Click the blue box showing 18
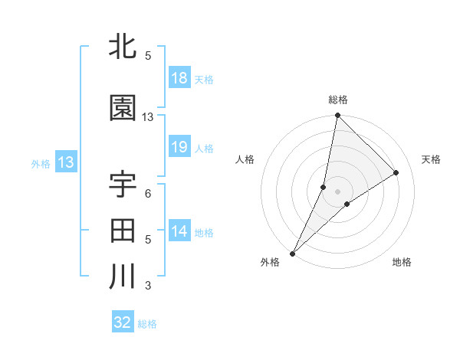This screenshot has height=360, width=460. [x=179, y=78]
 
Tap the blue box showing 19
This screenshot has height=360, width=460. [x=179, y=147]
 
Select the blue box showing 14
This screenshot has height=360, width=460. [x=179, y=231]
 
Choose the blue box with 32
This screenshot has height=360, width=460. [x=123, y=322]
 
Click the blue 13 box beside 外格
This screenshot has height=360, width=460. [x=65, y=162]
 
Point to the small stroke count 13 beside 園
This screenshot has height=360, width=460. [x=148, y=117]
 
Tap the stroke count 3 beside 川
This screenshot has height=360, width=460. [x=148, y=286]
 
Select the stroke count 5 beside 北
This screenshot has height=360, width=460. [x=148, y=56]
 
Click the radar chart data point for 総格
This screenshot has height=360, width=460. [x=337, y=116]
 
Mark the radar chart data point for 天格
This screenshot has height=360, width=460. [x=396, y=173]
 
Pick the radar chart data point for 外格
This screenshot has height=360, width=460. [x=293, y=253]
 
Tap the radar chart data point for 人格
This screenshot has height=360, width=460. [x=324, y=187]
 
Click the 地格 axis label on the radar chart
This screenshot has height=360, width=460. [x=402, y=263]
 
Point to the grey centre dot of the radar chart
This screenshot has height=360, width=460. [x=337, y=191]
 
